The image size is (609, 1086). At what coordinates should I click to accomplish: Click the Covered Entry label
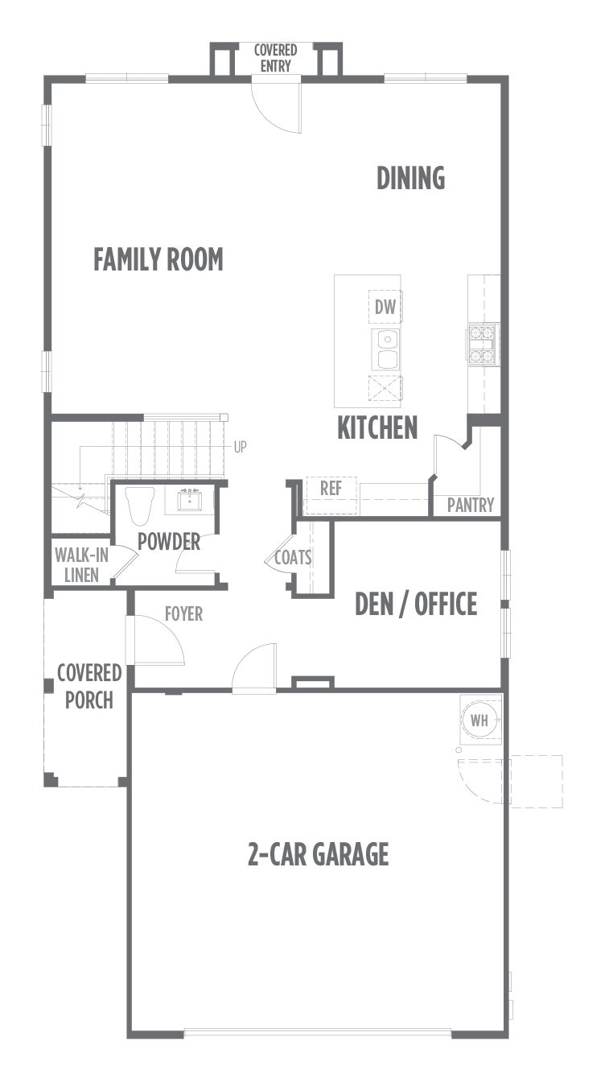pyautogui.click(x=275, y=58)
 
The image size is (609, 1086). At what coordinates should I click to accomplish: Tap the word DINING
pyautogui.click(x=411, y=178)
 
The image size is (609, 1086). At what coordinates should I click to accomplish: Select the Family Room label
pyautogui.click(x=158, y=259)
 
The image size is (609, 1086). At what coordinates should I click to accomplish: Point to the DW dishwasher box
pyautogui.click(x=385, y=307)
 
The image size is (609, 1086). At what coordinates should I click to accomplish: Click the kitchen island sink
pyautogui.click(x=386, y=349)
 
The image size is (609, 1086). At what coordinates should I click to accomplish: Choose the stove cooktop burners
pyautogui.click(x=483, y=345)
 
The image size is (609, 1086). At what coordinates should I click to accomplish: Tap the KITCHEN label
pyautogui.click(x=377, y=427)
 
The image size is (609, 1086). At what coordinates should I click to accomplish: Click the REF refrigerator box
pyautogui.click(x=331, y=495)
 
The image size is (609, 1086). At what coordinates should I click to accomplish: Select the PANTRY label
pyautogui.click(x=471, y=505)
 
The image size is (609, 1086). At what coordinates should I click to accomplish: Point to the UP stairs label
pyautogui.click(x=241, y=447)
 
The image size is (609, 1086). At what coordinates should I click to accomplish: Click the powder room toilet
pyautogui.click(x=139, y=506)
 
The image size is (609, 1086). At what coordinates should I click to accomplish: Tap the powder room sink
pyautogui.click(x=189, y=500)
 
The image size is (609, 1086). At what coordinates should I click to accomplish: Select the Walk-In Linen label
pyautogui.click(x=81, y=565)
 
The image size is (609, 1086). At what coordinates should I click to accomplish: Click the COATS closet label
pyautogui.click(x=293, y=558)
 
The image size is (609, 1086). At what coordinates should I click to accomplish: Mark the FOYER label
pyautogui.click(x=183, y=613)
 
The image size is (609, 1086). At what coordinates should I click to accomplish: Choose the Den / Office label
pyautogui.click(x=416, y=604)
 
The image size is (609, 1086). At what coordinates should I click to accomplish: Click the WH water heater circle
pyautogui.click(x=479, y=720)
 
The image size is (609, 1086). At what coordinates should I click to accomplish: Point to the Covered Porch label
pyautogui.click(x=89, y=686)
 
